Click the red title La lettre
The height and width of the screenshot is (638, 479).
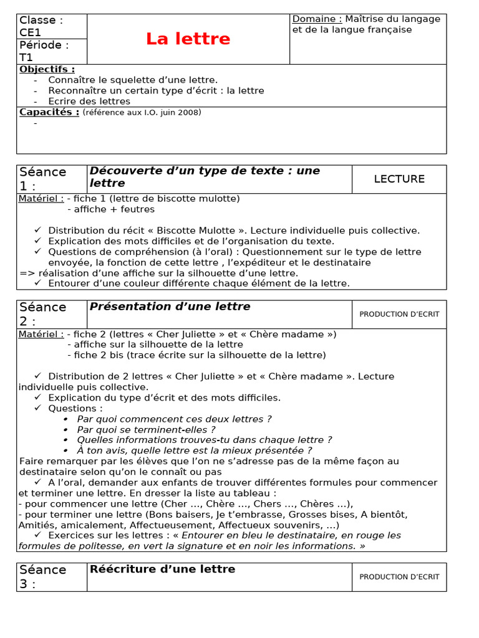(x=188, y=39)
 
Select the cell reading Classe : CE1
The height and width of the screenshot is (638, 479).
(x=51, y=26)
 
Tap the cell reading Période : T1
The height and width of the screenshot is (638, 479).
(x=51, y=51)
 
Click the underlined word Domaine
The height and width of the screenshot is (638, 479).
(x=317, y=19)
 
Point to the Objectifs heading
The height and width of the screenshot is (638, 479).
(x=47, y=69)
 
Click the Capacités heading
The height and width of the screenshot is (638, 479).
(x=49, y=112)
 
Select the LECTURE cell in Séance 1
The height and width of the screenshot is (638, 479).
(x=399, y=179)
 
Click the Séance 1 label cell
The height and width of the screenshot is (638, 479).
(x=51, y=179)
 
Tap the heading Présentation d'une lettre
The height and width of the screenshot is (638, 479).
(x=170, y=307)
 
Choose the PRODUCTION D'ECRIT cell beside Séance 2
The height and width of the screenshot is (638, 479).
(x=399, y=314)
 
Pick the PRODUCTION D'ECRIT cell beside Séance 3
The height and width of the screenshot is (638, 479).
(x=399, y=577)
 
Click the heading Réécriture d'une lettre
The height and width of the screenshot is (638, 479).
(x=163, y=569)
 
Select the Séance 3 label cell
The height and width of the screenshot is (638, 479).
(x=51, y=576)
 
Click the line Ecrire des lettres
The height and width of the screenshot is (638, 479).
(x=89, y=101)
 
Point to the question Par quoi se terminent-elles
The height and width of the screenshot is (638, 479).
(x=146, y=429)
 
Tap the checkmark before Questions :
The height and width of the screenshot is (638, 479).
(x=38, y=407)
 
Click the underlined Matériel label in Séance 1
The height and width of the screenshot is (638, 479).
(x=41, y=199)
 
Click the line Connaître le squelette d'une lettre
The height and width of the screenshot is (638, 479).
(x=133, y=80)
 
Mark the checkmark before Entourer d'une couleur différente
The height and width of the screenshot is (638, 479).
(x=38, y=283)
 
